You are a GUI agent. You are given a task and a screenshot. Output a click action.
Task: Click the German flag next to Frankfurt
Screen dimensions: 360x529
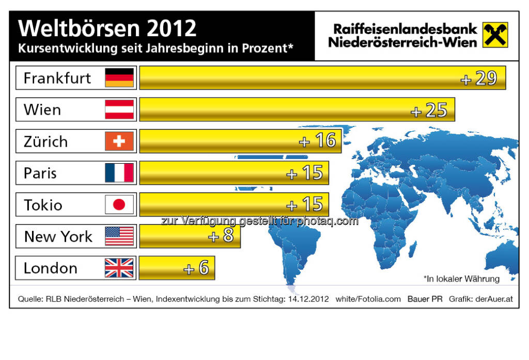point(119,78)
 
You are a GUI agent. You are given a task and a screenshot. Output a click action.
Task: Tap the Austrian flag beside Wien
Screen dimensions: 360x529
point(119,109)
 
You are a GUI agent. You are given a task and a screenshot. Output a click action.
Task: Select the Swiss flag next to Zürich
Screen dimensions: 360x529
point(119,141)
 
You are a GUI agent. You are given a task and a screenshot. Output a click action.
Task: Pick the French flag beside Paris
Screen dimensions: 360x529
point(119,173)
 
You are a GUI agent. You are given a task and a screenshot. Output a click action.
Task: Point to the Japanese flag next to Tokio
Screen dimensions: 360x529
point(119,205)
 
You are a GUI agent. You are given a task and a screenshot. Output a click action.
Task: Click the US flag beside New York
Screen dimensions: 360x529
point(119,237)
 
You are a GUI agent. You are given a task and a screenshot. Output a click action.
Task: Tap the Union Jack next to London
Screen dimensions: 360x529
point(119,268)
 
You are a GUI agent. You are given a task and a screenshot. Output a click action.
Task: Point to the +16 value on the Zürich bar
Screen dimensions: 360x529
point(318,141)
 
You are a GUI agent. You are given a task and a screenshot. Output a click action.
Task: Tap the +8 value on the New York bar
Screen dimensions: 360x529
point(221,237)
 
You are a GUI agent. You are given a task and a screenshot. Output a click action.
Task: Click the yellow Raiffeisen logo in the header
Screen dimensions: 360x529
point(495,35)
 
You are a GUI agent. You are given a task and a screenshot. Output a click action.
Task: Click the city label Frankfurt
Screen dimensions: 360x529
point(57,78)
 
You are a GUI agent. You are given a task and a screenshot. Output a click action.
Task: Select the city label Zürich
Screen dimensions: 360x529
point(45,142)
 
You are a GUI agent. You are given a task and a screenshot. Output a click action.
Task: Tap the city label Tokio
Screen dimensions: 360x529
point(43,205)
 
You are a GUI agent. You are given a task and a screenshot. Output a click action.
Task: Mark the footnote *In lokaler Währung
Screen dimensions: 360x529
point(461,279)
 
